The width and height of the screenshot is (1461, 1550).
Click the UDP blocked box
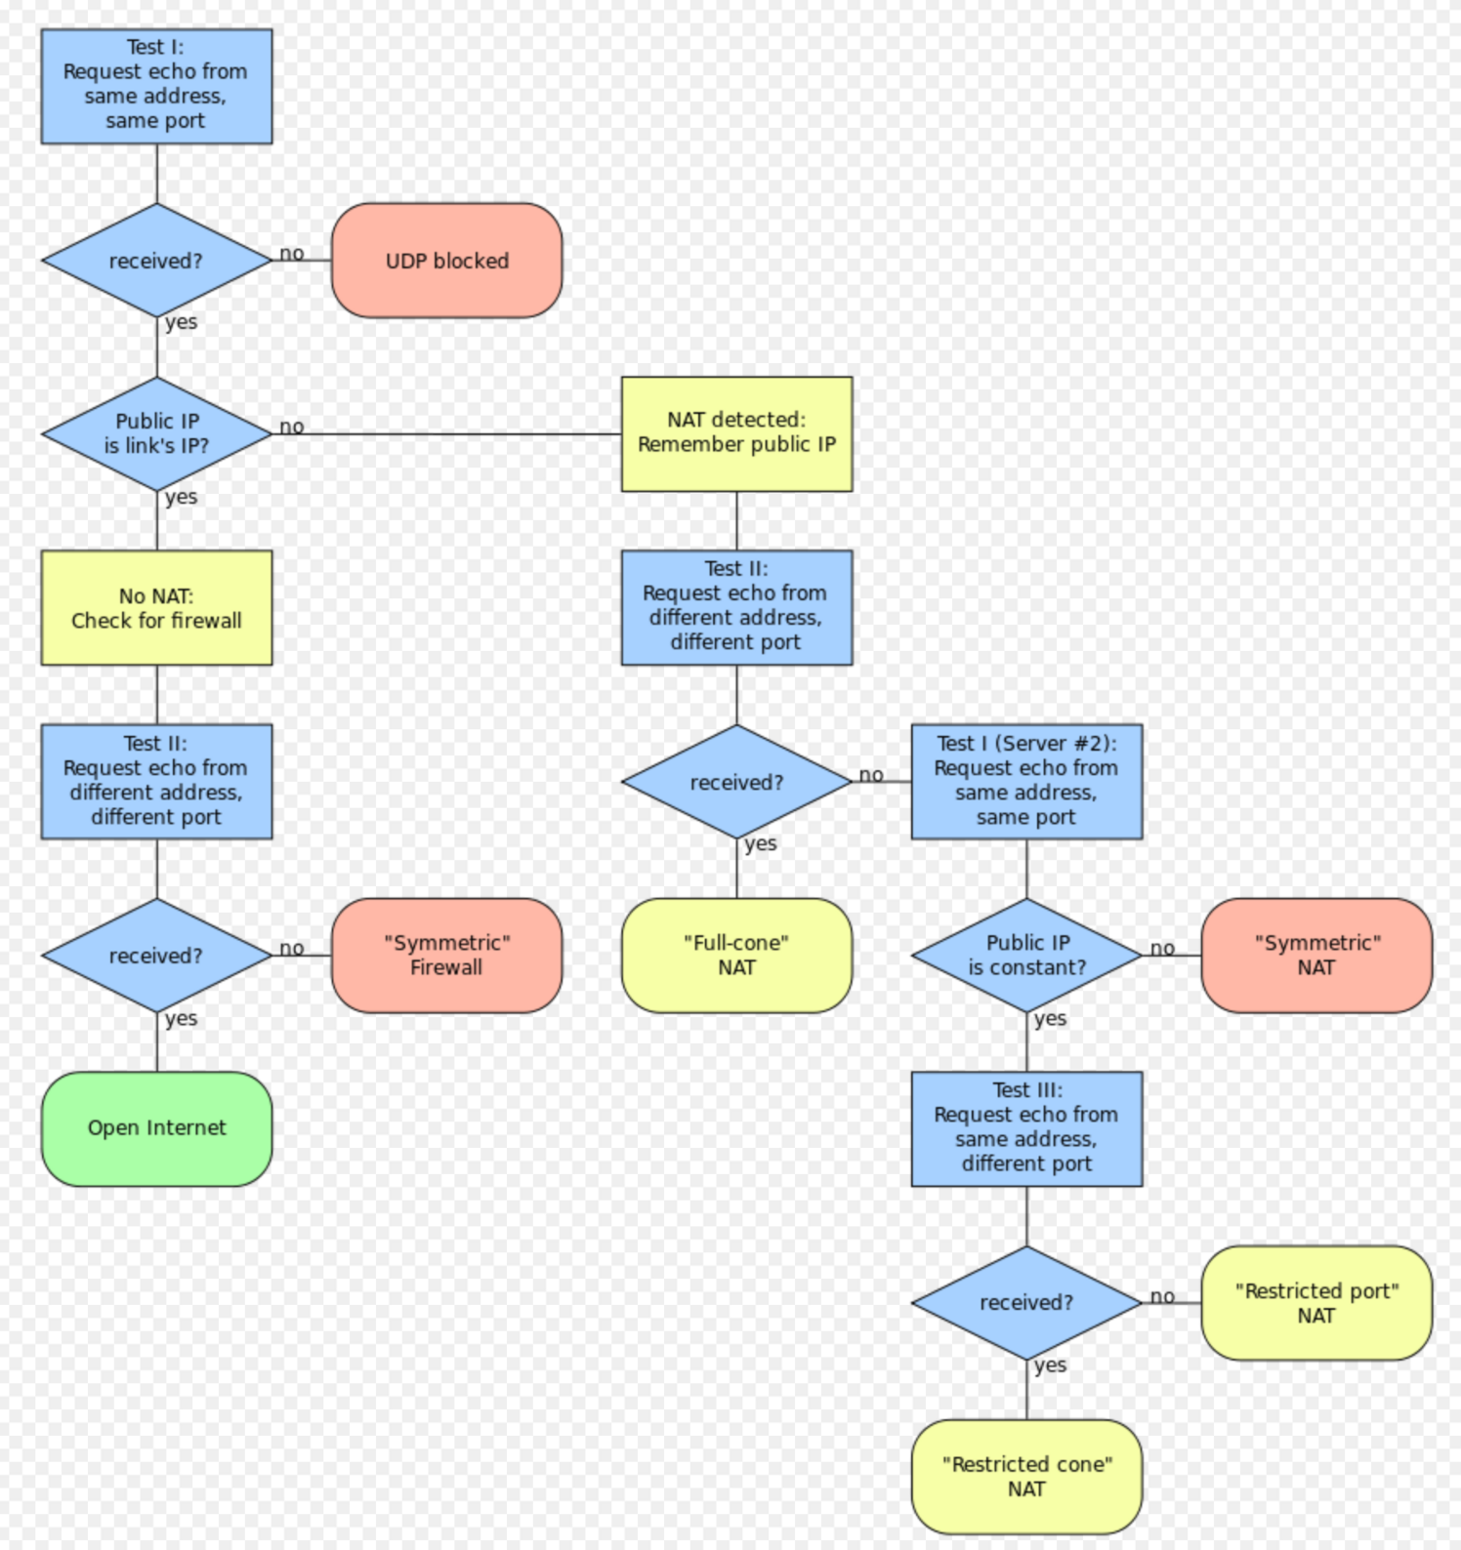click(446, 261)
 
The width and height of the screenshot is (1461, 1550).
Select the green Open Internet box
click(156, 1128)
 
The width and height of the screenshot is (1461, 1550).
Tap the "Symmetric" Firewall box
click(446, 956)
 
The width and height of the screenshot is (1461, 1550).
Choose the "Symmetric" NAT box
click(1316, 956)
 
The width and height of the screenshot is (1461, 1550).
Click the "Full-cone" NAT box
click(736, 956)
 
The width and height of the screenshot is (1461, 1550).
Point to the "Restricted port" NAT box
click(1316, 1303)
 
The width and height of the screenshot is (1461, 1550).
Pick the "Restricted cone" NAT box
click(1026, 1477)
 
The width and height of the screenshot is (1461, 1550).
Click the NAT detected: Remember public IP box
click(736, 434)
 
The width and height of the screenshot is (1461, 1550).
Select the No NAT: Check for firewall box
click(156, 608)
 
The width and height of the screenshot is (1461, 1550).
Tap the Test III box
click(1026, 1129)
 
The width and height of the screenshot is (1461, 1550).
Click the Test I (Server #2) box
click(1026, 782)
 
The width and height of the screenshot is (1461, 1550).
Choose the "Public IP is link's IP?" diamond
click(156, 434)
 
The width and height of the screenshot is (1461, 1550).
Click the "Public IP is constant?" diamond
click(1026, 956)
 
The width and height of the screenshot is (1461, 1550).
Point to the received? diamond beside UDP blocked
click(156, 261)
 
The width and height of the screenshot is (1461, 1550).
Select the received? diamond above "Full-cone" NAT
click(736, 782)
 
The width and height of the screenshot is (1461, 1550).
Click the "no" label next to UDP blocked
click(291, 254)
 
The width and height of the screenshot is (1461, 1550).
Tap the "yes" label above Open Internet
click(181, 1018)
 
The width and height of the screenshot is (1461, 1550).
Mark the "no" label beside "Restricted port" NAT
click(1162, 1296)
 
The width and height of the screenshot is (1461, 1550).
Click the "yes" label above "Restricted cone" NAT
click(1050, 1366)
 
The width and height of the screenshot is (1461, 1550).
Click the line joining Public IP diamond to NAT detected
click(446, 434)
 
